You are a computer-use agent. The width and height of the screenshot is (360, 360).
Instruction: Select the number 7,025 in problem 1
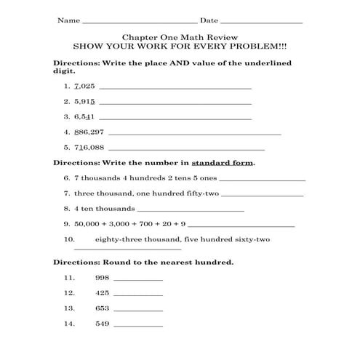coord(84,85)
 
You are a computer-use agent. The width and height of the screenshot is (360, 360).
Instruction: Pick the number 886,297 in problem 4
coord(89,132)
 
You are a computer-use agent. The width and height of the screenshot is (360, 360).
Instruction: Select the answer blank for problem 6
coord(262,180)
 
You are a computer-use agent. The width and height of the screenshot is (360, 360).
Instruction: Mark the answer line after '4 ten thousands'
coord(191,211)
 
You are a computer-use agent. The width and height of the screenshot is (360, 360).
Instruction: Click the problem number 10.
coord(70,239)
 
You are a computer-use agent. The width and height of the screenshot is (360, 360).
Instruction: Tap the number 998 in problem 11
coord(102,278)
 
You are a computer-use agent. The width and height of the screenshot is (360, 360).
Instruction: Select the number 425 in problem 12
coord(102,293)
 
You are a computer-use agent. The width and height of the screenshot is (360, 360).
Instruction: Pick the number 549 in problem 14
coord(102,324)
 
